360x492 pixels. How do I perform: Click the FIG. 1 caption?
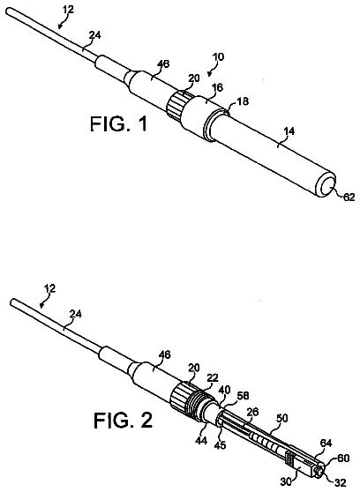[x=118, y=124]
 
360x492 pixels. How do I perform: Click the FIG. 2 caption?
[x=124, y=421]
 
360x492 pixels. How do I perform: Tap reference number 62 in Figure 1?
[x=349, y=197]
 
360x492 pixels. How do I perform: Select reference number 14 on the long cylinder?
[x=289, y=131]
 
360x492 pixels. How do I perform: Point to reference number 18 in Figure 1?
[x=243, y=101]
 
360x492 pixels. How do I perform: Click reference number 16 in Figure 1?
[x=217, y=87]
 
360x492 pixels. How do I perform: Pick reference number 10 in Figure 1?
[x=219, y=57]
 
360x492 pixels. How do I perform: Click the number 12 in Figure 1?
[x=68, y=10]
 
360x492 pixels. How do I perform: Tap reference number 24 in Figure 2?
[x=76, y=314]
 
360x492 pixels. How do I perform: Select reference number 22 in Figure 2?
[x=213, y=378]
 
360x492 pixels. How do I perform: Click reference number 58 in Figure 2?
[x=243, y=396]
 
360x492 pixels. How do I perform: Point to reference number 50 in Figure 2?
[x=281, y=418]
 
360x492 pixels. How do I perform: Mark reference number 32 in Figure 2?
[x=341, y=483]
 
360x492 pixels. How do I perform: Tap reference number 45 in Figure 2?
[x=220, y=444]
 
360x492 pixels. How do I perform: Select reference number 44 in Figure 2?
[x=201, y=440]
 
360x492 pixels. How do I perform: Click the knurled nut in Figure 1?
[x=176, y=104]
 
